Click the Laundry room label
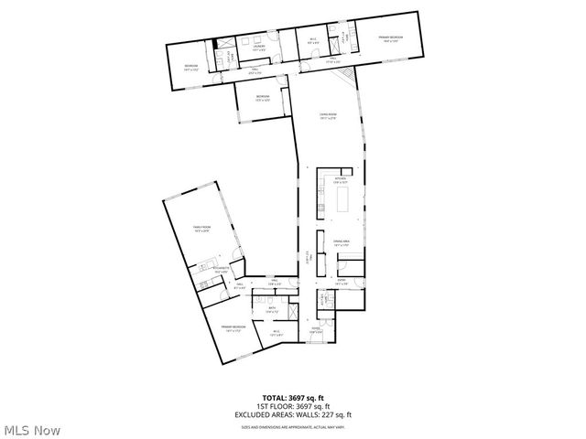click(x=259, y=46)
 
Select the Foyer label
click(x=315, y=330)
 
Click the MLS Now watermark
click(x=32, y=429)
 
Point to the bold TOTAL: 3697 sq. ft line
click(x=294, y=398)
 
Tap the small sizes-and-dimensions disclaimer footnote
click(x=293, y=426)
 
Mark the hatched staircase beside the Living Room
click(x=346, y=70)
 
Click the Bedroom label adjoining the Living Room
click(x=262, y=98)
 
